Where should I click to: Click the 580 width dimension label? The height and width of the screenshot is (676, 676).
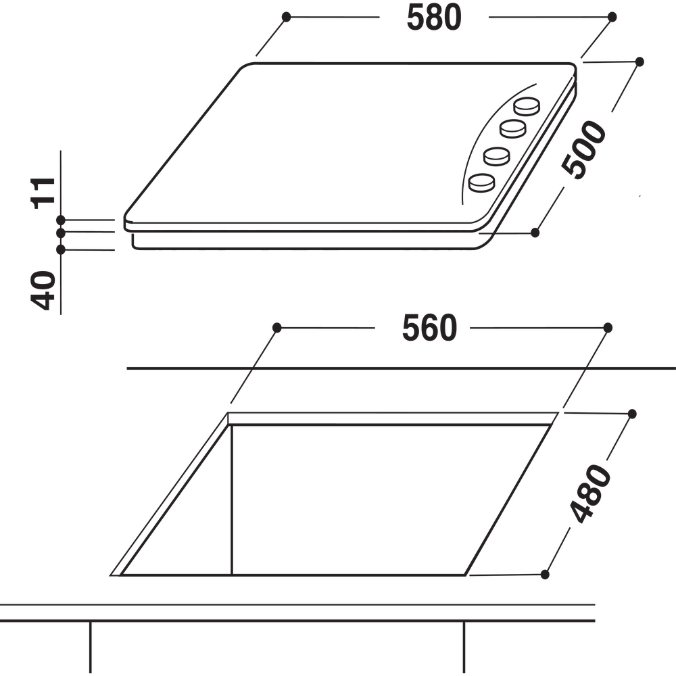coord(434,18)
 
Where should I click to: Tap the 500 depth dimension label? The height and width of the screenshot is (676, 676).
coord(584,149)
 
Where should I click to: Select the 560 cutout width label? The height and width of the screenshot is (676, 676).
coord(429,328)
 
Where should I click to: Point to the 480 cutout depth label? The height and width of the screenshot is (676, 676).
coord(590,493)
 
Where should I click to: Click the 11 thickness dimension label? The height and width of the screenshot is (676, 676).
coord(43,193)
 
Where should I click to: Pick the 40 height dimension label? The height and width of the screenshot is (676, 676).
coord(43,290)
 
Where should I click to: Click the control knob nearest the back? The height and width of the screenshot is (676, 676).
coord(527,106)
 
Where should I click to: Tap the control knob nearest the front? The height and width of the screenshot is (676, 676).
coord(481,183)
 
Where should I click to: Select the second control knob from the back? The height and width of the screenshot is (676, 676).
coord(513,128)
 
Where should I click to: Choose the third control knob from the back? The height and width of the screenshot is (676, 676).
coord(497,156)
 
